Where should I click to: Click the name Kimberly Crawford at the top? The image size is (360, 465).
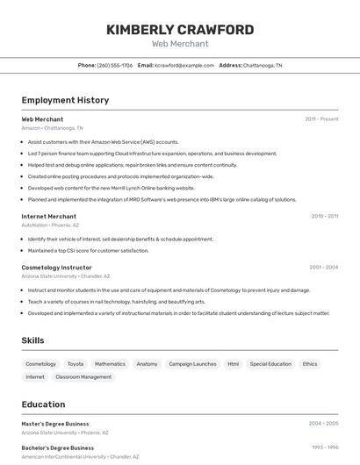click(180, 30)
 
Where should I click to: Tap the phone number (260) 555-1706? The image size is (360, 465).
click(115, 65)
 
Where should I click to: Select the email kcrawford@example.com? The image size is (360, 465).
click(184, 65)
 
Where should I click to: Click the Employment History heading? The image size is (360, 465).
click(65, 100)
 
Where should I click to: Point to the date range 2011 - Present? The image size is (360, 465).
click(321, 118)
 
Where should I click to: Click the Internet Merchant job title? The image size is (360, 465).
click(48, 216)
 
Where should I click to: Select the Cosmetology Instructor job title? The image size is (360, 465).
click(56, 267)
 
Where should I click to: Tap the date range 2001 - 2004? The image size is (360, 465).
click(323, 267)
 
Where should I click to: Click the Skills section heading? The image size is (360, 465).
click(32, 340)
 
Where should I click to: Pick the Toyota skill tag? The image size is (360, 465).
click(76, 364)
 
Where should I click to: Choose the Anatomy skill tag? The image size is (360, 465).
click(147, 364)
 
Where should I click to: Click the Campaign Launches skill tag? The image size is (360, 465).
click(192, 364)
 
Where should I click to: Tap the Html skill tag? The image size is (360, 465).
click(233, 364)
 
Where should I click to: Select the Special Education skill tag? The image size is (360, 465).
click(270, 364)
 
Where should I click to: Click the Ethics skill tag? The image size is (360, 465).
click(310, 364)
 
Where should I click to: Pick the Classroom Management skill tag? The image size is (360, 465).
click(83, 377)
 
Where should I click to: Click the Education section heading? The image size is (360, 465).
click(43, 404)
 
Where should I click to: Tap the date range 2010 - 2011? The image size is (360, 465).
click(324, 216)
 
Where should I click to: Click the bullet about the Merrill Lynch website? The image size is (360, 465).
click(111, 188)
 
